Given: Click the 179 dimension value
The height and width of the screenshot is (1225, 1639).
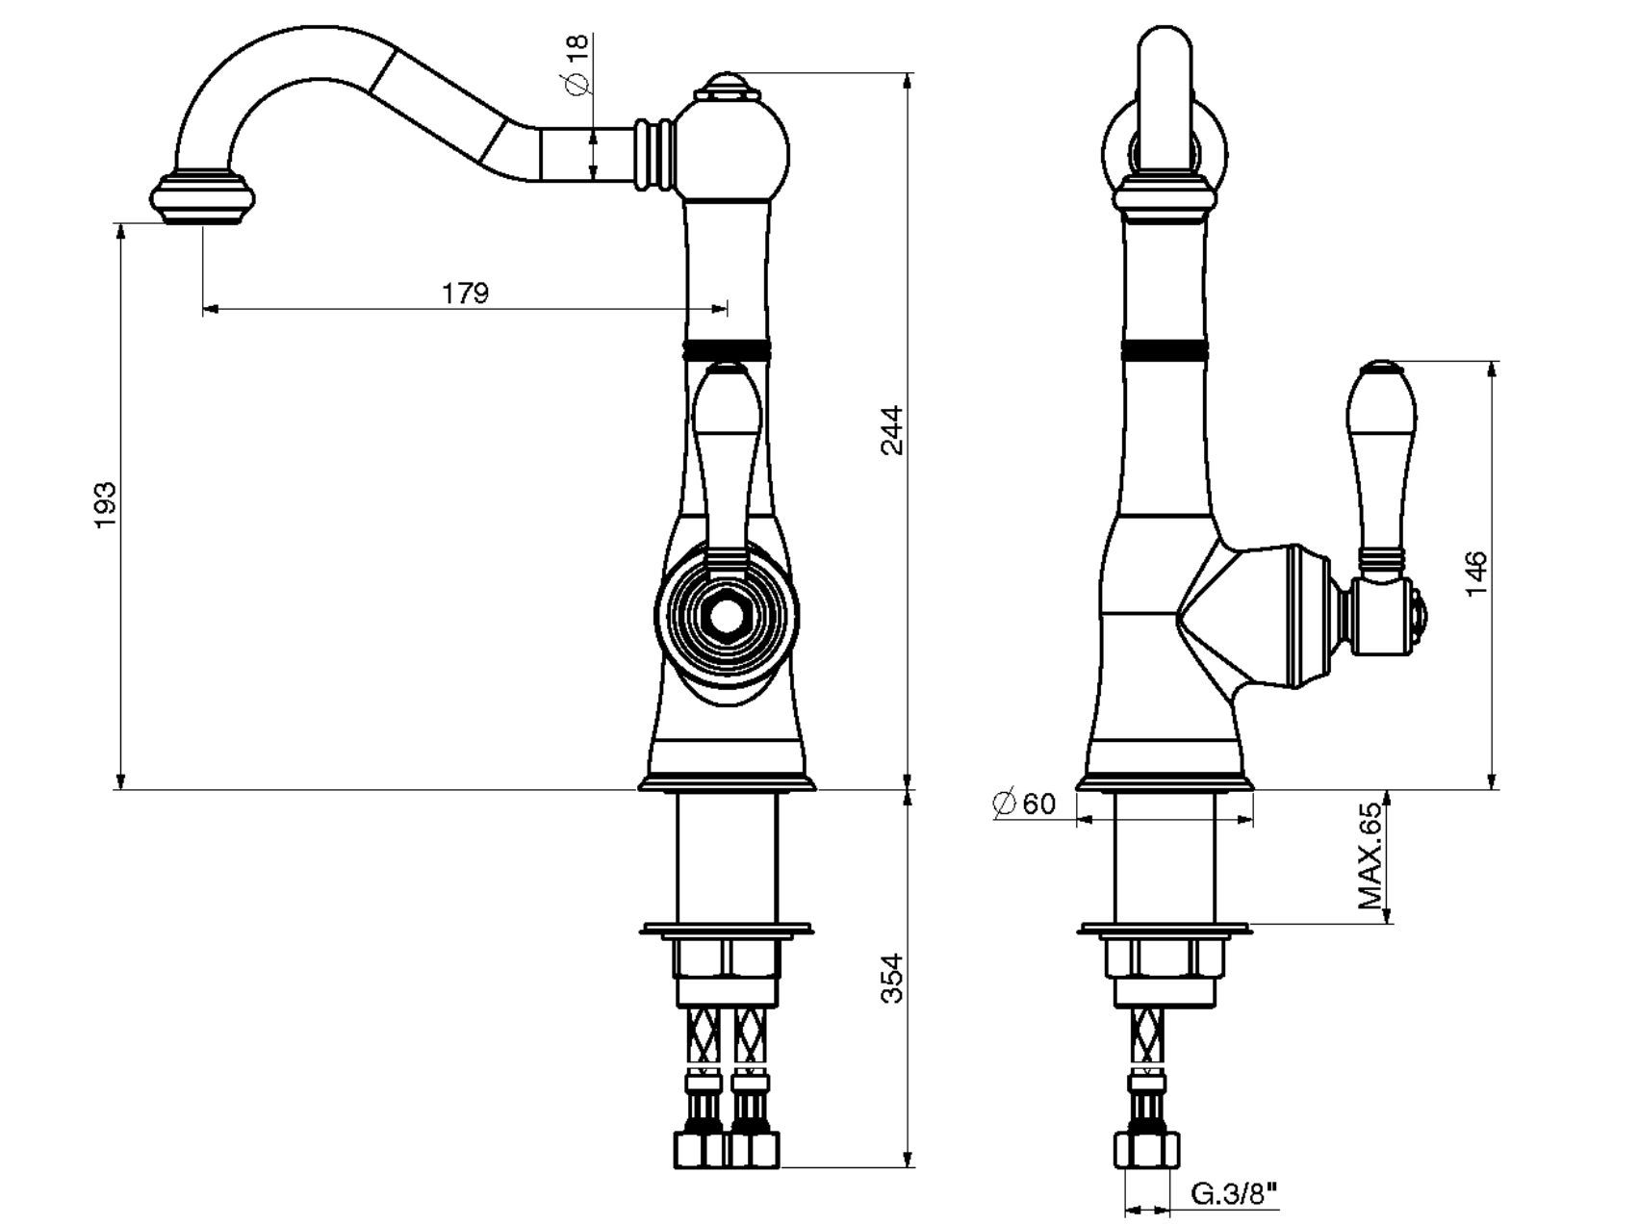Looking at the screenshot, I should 466,292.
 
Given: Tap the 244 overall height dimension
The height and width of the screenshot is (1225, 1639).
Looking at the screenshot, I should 893,430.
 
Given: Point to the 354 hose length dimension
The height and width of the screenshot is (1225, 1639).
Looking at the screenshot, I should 893,978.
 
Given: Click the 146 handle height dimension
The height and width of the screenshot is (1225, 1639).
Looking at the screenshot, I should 1475,574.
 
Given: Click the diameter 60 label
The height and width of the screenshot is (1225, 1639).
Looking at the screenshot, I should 1024,803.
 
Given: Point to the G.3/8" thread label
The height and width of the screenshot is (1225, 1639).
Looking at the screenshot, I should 1235,1195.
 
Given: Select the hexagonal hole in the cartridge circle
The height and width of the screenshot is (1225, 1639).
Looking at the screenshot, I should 727,618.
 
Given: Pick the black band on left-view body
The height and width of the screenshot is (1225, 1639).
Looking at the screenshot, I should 727,349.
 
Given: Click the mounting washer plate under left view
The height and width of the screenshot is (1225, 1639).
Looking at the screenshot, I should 727,930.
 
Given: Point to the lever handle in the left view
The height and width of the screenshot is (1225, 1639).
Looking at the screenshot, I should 726,452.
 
